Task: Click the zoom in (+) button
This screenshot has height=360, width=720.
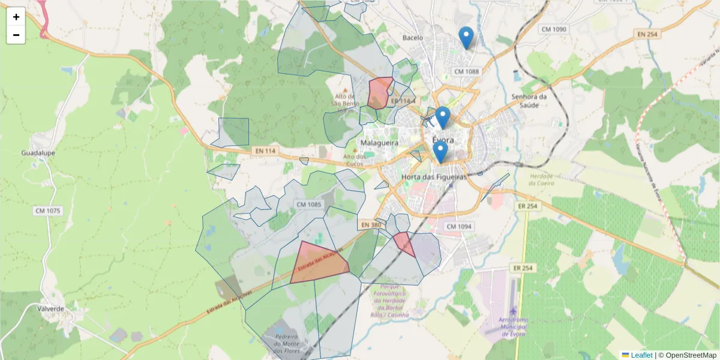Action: click(x=16, y=17)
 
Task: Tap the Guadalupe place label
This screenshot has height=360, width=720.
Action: click(x=38, y=153)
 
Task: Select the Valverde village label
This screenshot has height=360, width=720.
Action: click(x=50, y=308)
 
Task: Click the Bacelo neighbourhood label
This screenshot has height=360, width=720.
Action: click(x=413, y=38)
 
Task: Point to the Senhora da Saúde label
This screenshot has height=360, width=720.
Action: click(x=529, y=101)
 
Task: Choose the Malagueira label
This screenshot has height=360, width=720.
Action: click(x=380, y=143)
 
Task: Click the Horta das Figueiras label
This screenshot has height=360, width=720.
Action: click(x=434, y=178)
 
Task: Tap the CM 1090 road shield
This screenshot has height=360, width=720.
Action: click(x=553, y=29)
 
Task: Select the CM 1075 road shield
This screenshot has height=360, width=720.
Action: click(x=48, y=211)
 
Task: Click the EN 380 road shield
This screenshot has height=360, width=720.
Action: click(x=371, y=225)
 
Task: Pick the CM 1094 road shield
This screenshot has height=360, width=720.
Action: click(x=459, y=226)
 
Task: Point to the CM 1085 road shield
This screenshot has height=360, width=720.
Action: click(x=309, y=205)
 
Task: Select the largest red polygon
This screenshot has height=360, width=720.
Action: click(x=319, y=263)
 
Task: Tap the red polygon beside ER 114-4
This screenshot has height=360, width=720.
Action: click(x=379, y=92)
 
